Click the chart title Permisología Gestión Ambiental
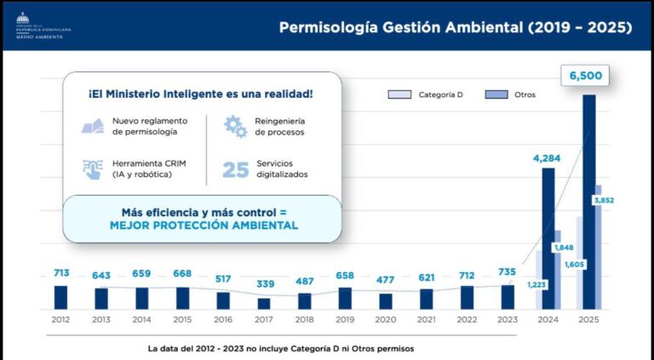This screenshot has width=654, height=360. click(x=456, y=27)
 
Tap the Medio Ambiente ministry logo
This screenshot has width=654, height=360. click(x=43, y=26)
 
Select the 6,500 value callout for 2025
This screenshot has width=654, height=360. click(x=586, y=77)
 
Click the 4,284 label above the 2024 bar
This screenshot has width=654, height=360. click(x=549, y=158)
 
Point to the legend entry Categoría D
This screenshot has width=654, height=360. click(x=429, y=94)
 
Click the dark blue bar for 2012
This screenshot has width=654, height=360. click(x=60, y=297)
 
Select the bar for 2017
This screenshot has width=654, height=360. click(x=264, y=303)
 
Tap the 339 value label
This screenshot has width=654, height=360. click(x=264, y=283)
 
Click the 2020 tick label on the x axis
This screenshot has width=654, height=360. click(x=386, y=320)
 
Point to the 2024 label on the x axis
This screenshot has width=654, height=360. click(x=548, y=320)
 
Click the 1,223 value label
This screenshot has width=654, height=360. click(x=536, y=283)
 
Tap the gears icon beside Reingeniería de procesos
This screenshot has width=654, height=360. click(x=235, y=127)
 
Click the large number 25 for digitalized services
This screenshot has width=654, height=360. click(x=235, y=169)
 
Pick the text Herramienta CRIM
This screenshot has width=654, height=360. click(x=149, y=163)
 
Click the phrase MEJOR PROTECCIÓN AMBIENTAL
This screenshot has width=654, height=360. click(x=204, y=226)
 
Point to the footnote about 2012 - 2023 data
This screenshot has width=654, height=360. click(x=281, y=348)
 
